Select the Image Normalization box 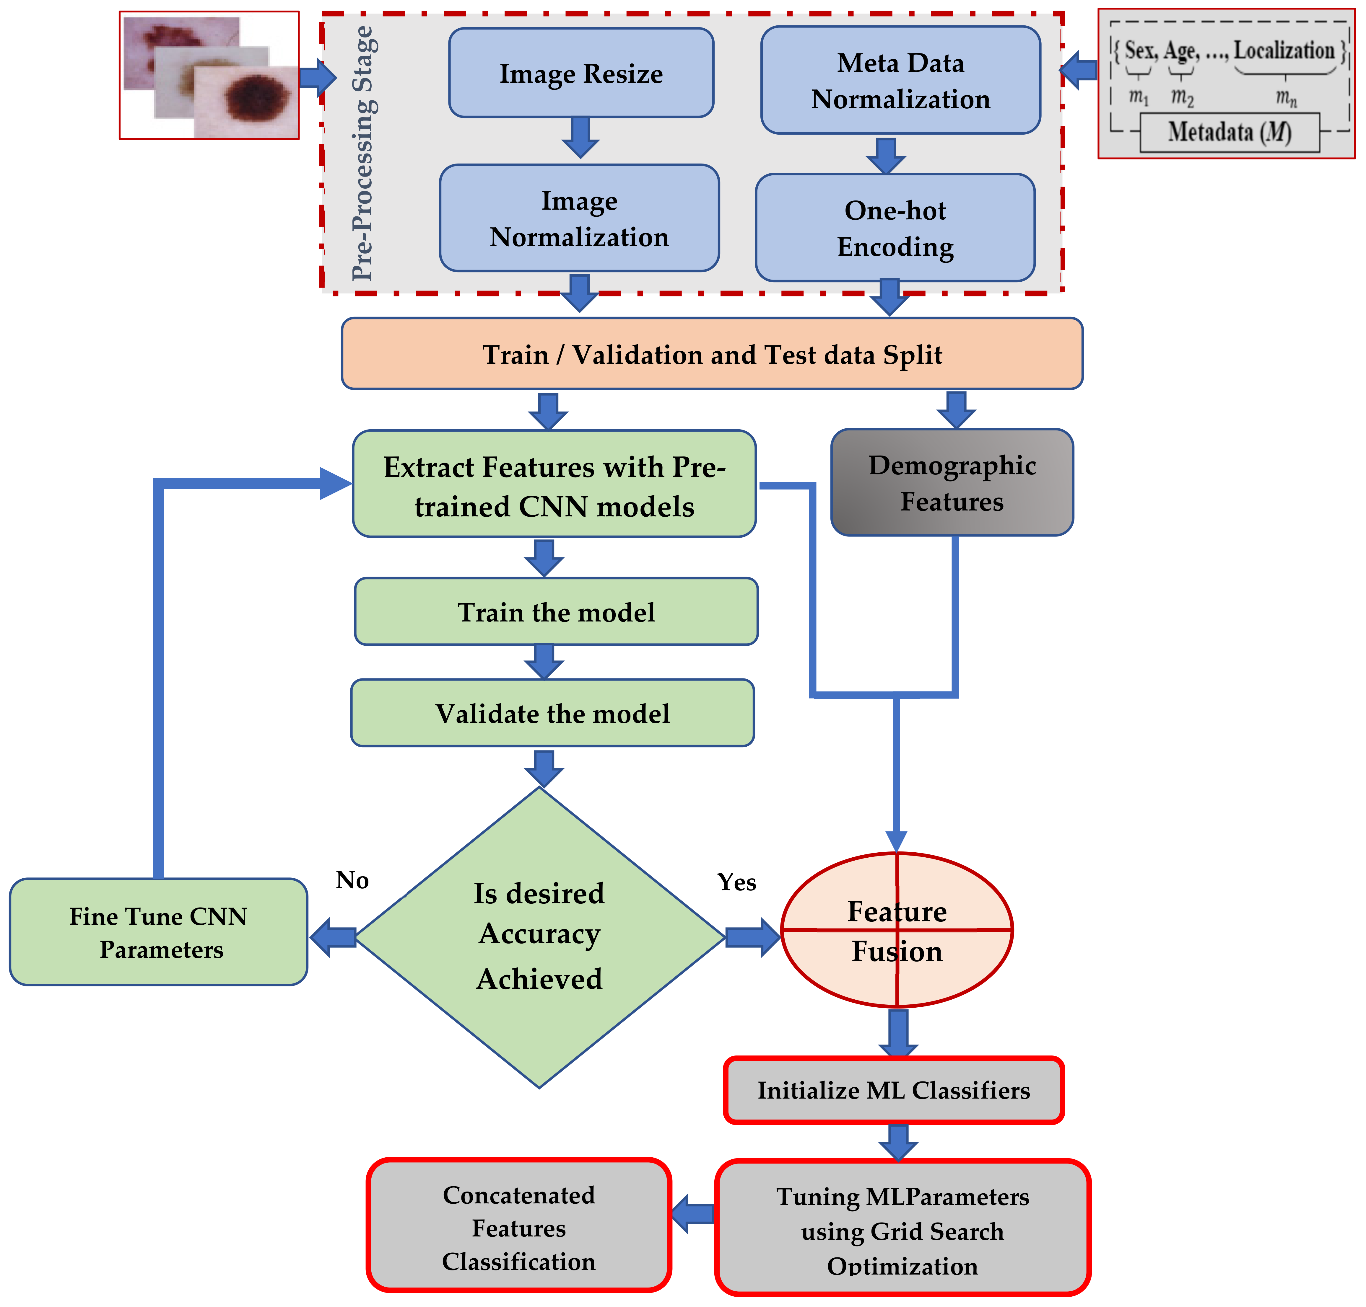click(x=579, y=218)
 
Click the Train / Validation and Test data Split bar click(x=712, y=354)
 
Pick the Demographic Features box click(x=952, y=483)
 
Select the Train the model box click(x=556, y=612)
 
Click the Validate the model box click(x=553, y=713)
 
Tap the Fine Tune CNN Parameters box click(x=159, y=932)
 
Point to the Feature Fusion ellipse click(x=897, y=931)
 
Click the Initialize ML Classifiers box click(x=894, y=1090)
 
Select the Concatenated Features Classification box click(x=519, y=1228)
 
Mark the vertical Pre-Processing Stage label click(x=363, y=153)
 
